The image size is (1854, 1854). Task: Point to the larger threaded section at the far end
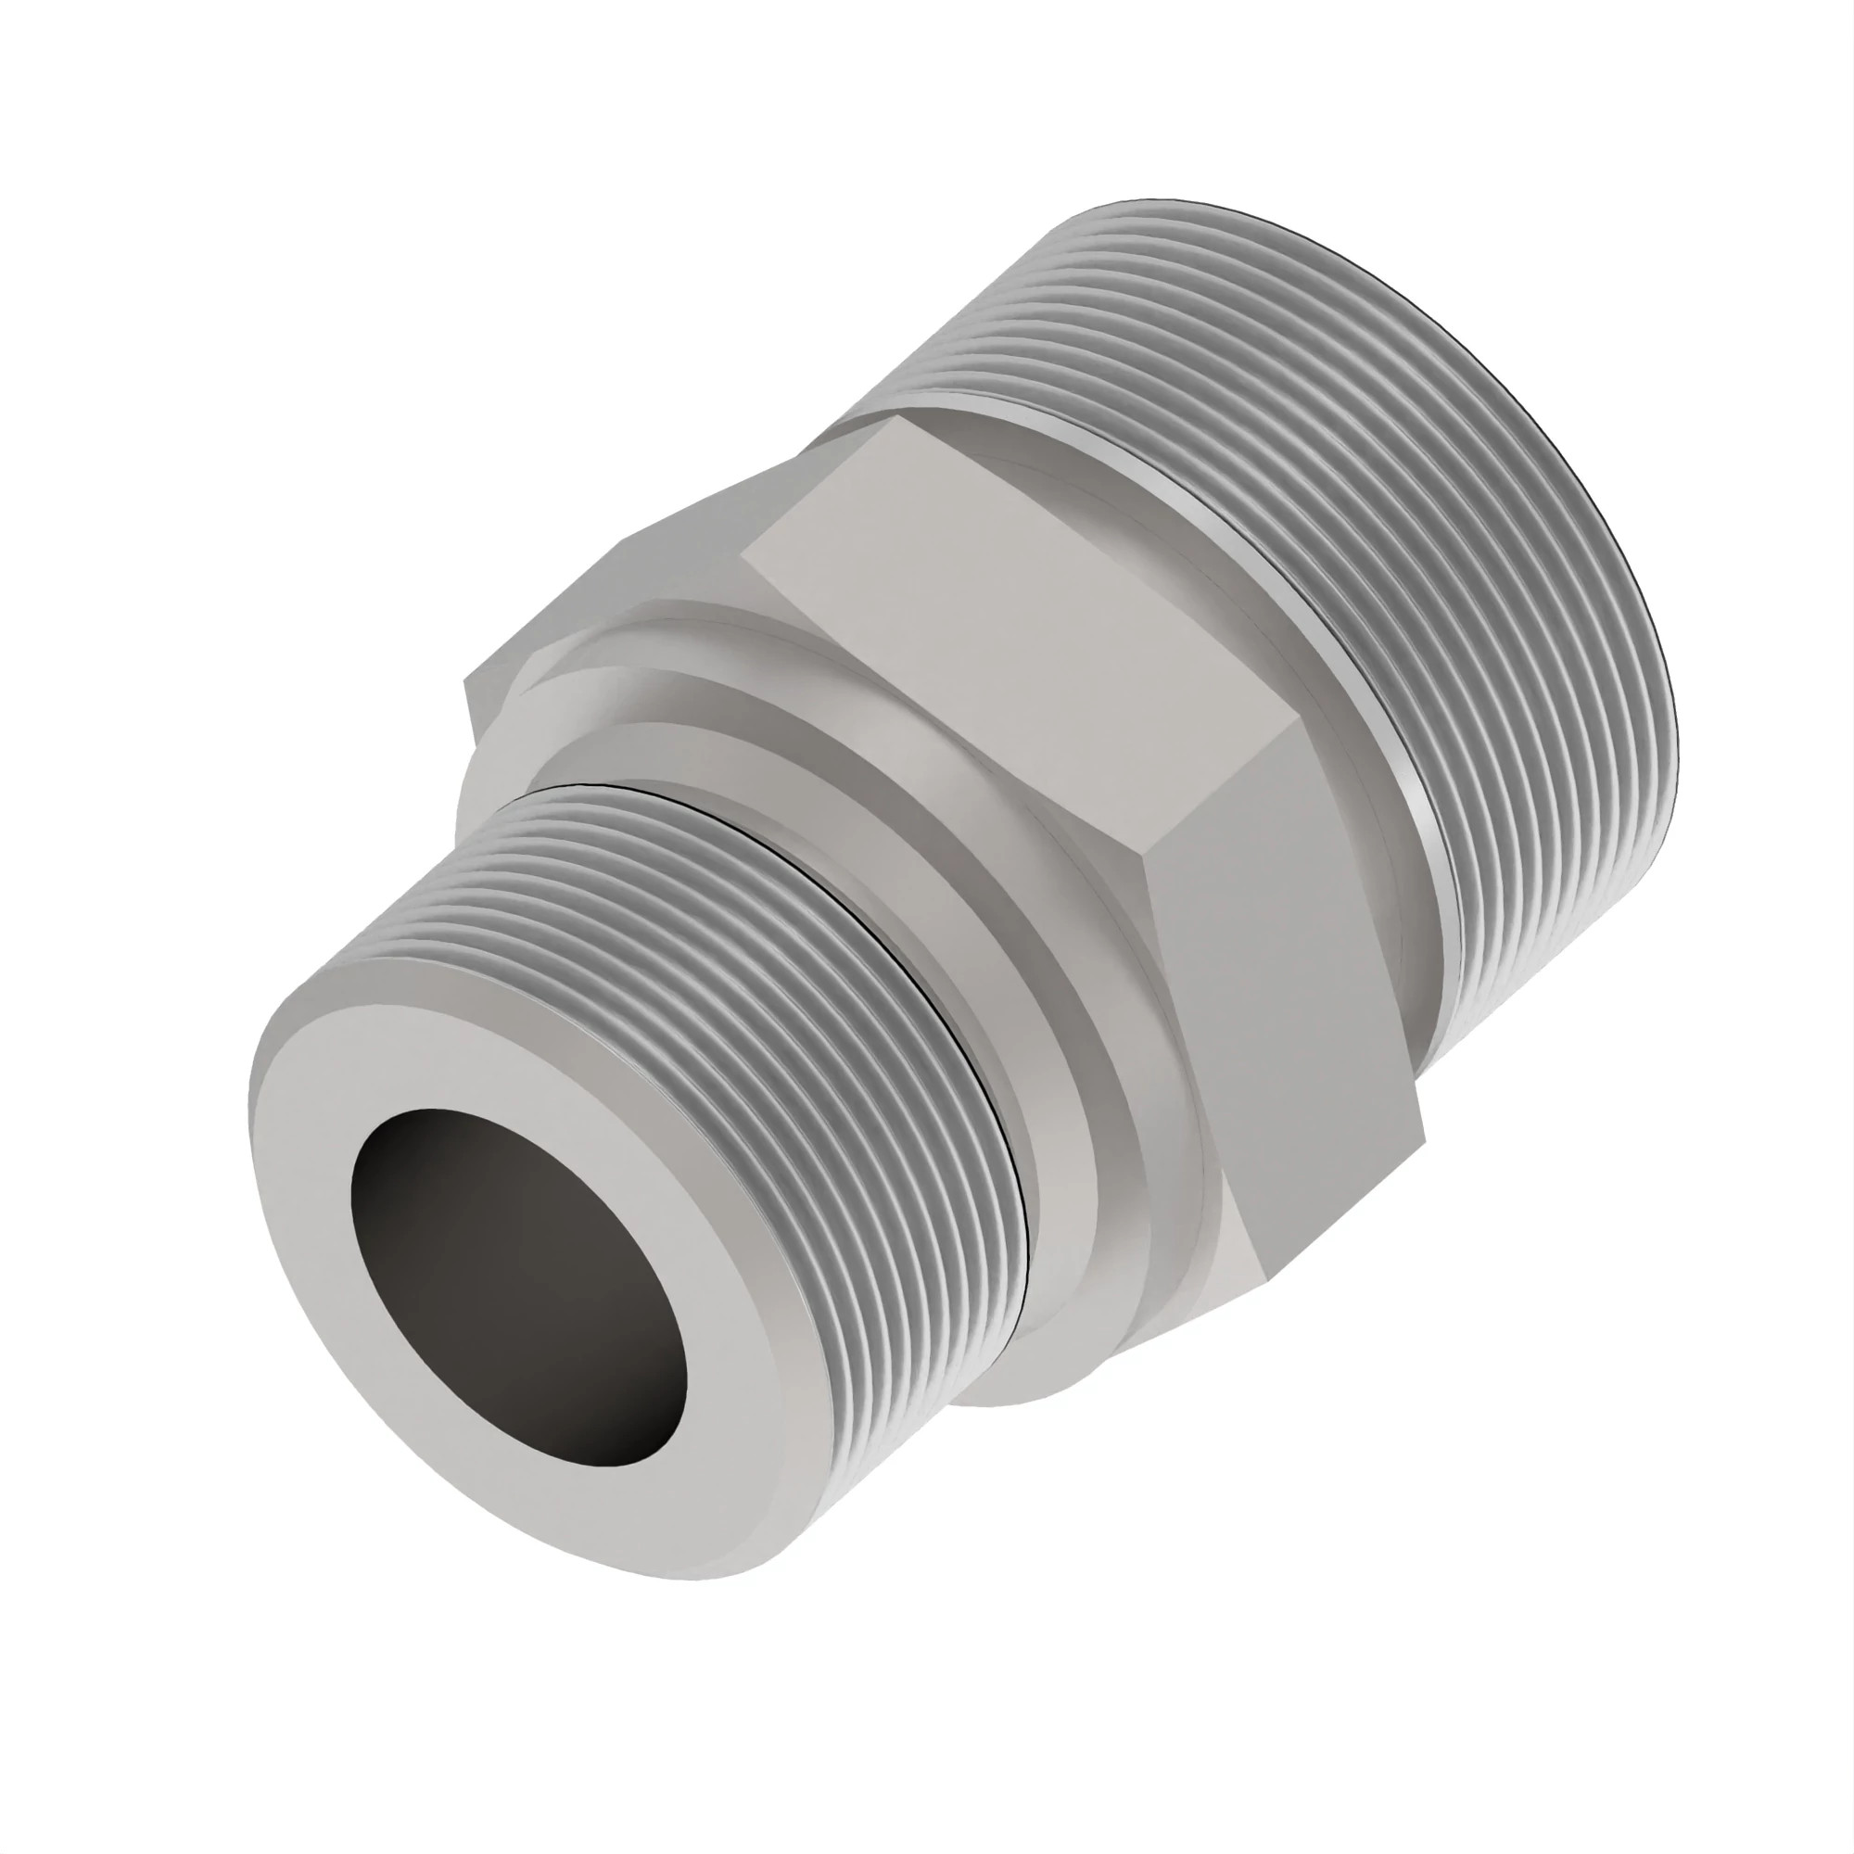[x=1440, y=538]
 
